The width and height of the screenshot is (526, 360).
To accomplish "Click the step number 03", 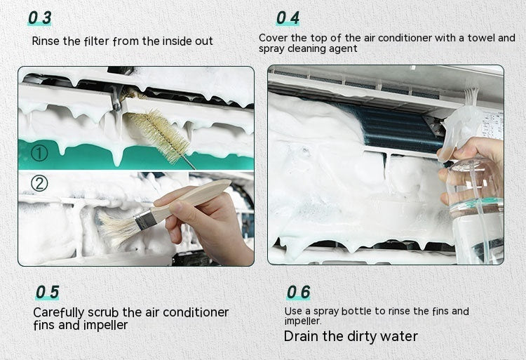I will (40, 18).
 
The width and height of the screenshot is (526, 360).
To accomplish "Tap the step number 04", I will (288, 18).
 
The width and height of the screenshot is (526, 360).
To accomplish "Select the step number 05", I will (47, 292).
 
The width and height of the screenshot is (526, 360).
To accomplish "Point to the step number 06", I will (298, 292).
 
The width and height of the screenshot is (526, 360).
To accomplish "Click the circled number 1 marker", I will (39, 152).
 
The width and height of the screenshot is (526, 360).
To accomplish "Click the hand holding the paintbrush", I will (210, 225).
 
